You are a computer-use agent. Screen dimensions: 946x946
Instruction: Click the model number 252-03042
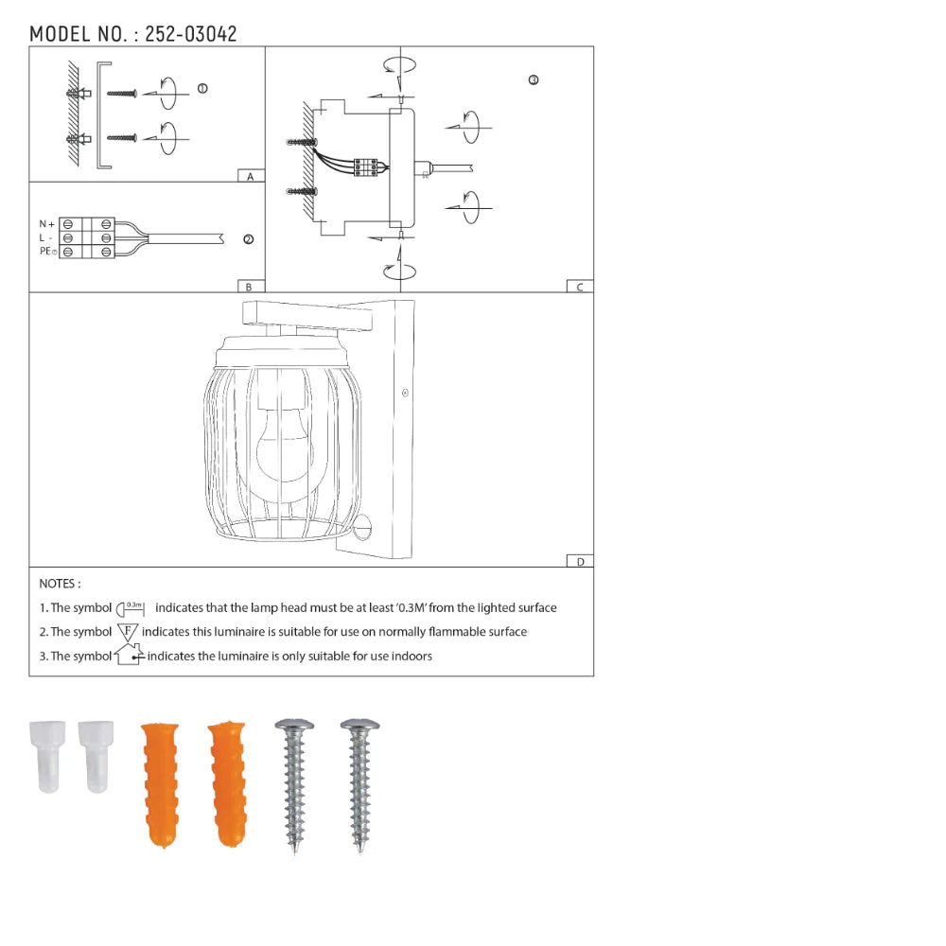coord(191,34)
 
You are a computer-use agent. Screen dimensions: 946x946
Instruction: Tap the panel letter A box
coord(250,177)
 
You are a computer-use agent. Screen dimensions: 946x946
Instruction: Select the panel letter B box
coord(250,287)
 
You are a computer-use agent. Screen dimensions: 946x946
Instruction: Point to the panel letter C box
coord(579,287)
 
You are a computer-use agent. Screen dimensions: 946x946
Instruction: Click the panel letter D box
coord(579,561)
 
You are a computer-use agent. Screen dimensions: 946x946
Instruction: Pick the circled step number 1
coord(202,89)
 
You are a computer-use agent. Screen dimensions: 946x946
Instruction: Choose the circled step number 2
coord(248,239)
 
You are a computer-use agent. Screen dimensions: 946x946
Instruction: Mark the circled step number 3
coord(534,80)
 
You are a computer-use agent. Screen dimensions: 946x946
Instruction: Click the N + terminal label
coord(46,224)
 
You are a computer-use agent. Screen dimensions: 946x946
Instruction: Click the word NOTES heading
coord(60,584)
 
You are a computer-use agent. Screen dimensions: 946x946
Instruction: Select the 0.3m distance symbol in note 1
coord(132,608)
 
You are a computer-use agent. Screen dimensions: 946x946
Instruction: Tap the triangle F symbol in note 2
coord(128,631)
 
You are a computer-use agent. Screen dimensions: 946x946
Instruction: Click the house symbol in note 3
coord(129,655)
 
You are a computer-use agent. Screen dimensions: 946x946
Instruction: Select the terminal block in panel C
coord(367,166)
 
